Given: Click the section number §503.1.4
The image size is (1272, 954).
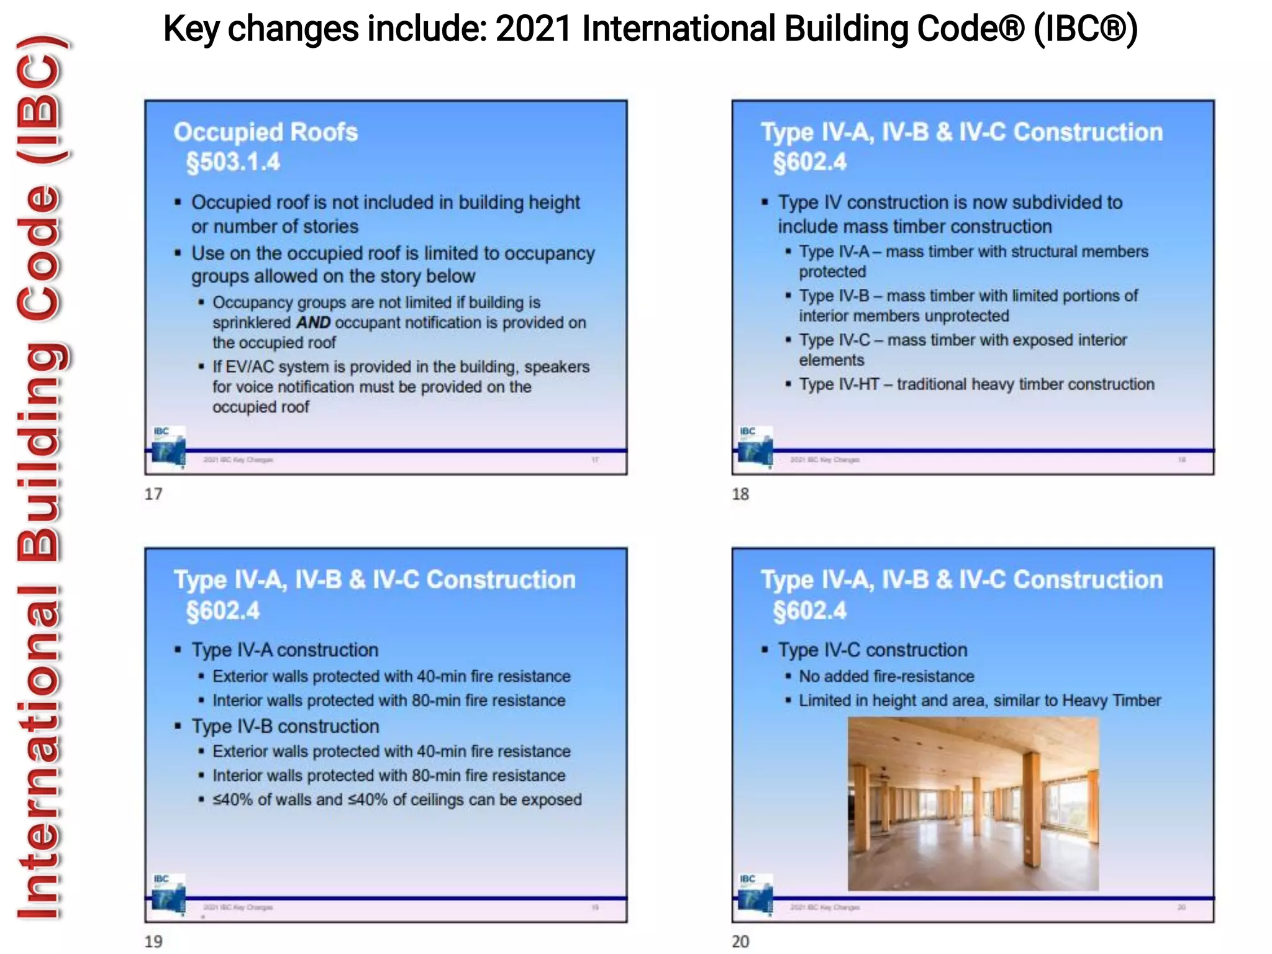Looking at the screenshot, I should tap(233, 162).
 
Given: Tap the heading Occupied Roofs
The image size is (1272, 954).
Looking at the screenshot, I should tap(265, 132).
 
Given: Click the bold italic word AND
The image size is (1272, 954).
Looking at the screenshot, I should tap(313, 323).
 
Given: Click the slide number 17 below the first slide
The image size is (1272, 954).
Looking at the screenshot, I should tap(153, 494).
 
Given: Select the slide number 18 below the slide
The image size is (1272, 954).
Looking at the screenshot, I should tap(740, 494).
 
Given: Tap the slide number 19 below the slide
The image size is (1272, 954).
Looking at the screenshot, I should tap(153, 942).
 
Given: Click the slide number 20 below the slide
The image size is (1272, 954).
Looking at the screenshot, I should tap(740, 942).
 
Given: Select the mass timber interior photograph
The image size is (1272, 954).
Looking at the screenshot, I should tap(973, 804).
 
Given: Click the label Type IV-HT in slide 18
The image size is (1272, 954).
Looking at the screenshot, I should tap(838, 384).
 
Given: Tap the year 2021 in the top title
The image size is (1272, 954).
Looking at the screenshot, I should tap(534, 29).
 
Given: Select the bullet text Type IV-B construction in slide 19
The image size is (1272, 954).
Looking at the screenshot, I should tap(285, 727).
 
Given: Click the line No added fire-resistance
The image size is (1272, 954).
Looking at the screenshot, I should tap(886, 676).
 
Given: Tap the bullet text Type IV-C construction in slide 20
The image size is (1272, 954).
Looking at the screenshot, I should tap(873, 650).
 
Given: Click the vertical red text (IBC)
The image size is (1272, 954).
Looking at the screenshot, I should tap(40, 99).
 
